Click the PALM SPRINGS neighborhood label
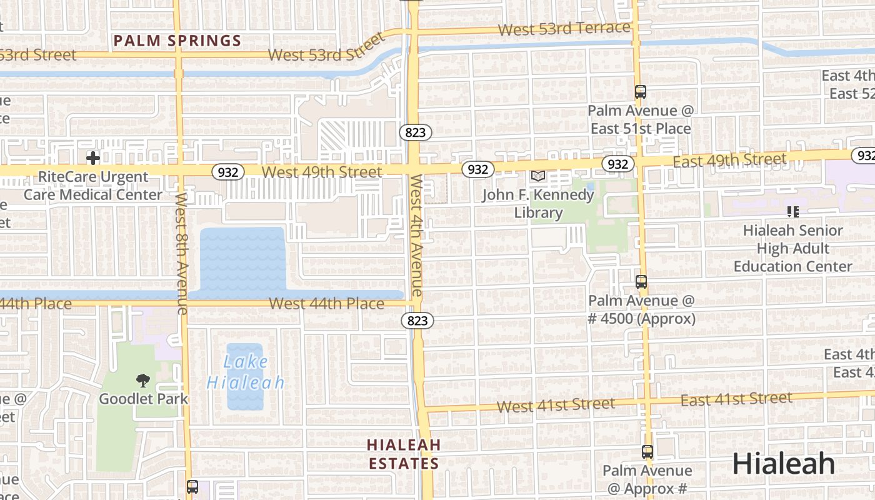click(x=177, y=41)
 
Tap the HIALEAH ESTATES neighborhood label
click(x=404, y=454)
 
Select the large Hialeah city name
click(x=783, y=464)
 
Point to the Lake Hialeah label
click(x=246, y=372)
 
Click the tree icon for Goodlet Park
click(x=143, y=380)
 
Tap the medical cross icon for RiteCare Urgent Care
click(x=93, y=158)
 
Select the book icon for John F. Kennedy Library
click(x=537, y=176)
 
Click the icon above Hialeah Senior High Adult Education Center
click(x=793, y=212)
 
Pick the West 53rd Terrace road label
click(x=564, y=29)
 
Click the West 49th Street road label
click(x=322, y=172)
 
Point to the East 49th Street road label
click(x=729, y=161)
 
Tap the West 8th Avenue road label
click(x=182, y=252)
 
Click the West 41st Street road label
click(x=556, y=405)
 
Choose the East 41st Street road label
click(x=736, y=399)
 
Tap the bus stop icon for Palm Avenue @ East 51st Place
click(x=640, y=92)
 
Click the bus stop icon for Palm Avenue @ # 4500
click(x=641, y=282)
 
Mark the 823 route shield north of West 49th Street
click(x=415, y=132)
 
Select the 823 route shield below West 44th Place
click(x=417, y=321)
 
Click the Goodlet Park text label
click(x=143, y=399)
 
